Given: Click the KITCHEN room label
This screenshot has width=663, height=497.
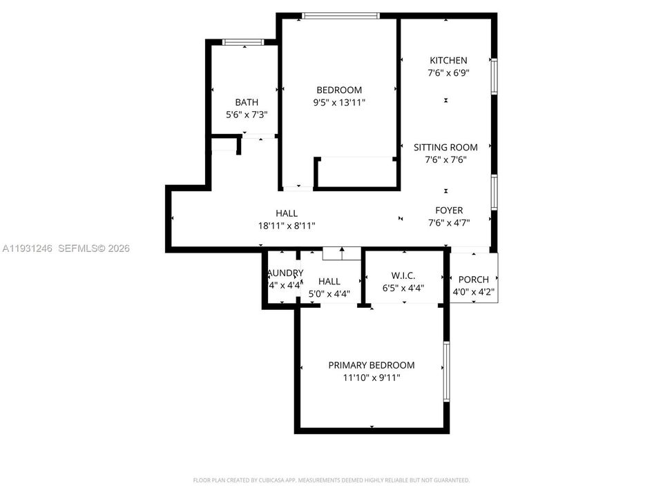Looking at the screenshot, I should coord(448,61).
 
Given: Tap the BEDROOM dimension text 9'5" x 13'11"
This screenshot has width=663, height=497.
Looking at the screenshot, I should coord(338,103).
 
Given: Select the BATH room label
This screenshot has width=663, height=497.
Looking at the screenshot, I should coord(247,102).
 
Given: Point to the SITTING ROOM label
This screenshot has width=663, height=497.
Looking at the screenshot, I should coord(445,147).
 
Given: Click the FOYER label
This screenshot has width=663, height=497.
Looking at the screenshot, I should coord(448,211).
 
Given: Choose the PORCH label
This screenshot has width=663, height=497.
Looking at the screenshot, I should coord(474,280).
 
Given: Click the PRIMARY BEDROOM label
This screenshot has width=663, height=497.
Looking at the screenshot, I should coord(371,365).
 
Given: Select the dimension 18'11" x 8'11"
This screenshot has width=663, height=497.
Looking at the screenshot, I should coord(287,226).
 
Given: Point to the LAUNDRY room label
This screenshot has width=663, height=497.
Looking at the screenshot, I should coord(285,273).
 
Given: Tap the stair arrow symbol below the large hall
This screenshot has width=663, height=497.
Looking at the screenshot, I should coord(341,253).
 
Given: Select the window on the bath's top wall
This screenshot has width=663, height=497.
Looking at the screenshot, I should coord(242,43).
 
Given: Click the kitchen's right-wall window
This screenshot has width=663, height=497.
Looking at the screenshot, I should coord(494,76).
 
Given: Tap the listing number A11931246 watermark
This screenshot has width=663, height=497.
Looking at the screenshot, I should coord(28,248).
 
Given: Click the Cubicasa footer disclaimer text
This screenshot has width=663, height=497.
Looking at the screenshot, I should coord(331,480).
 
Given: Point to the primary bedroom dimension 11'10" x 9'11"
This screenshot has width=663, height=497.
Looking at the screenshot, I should coord(371,378).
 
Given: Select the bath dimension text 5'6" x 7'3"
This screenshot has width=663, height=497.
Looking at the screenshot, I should coord(247,115).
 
